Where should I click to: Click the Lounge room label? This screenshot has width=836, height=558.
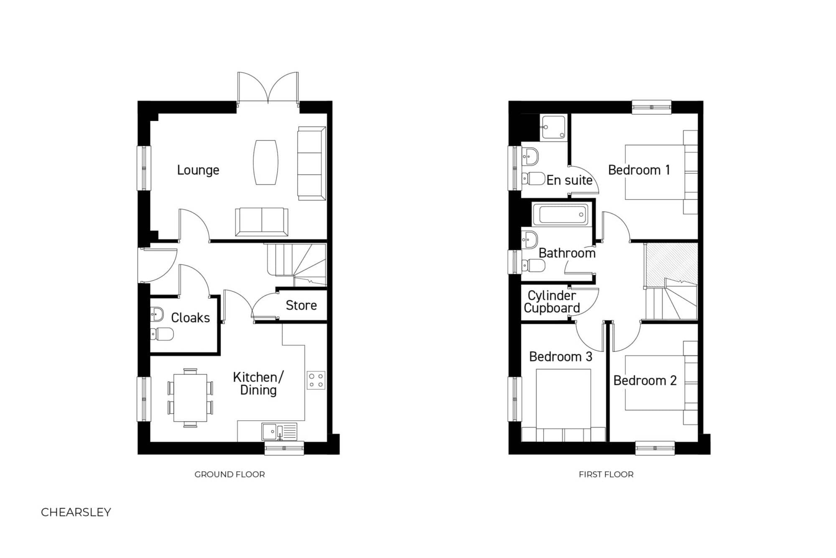coord(198,170)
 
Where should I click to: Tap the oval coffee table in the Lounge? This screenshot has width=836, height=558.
coord(265,162)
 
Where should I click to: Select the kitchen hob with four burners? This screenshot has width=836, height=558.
coord(316,380)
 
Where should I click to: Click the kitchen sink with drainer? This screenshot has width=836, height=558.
coord(279,432)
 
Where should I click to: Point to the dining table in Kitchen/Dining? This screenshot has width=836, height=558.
coord(190,398)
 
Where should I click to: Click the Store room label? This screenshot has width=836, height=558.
coord(301,305)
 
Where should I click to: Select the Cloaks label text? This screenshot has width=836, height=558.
coord(190,318)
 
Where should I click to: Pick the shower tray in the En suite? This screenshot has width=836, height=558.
coord(554,126)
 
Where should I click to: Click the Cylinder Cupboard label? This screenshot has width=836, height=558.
coord(552,302)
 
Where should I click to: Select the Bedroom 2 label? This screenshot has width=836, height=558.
coord(645,381)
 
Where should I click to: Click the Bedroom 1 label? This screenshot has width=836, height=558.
coord(639,170)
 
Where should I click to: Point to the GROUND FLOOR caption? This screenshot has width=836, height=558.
coord(229,474)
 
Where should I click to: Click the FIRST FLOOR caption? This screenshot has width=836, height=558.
coord(606,474)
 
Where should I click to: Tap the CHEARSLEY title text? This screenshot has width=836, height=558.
coord(76,512)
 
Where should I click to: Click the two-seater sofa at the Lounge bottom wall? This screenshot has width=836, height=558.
coord(262,222)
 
